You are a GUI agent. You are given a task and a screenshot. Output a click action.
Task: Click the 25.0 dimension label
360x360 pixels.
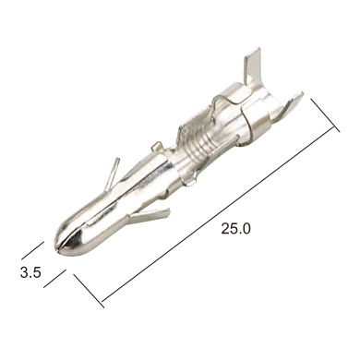tap(235, 229)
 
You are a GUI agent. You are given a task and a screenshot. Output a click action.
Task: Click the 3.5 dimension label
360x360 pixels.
tap(30, 272)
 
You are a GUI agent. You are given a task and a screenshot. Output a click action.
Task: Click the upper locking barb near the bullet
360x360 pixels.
tap(112, 173)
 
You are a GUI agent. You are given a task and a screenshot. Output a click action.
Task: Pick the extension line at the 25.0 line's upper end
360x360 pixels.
tap(325, 115)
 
